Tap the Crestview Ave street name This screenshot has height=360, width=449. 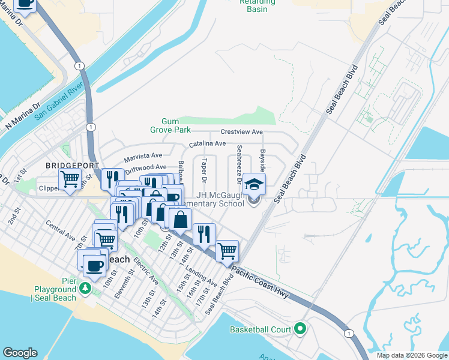[242, 132]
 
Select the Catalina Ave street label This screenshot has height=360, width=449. [207, 144]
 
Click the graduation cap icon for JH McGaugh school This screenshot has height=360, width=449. [254, 184]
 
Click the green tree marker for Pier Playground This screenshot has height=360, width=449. [85, 288]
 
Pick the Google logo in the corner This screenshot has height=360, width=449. [19, 353]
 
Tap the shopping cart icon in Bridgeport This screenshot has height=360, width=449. [70, 179]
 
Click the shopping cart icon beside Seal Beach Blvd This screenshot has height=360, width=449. [227, 250]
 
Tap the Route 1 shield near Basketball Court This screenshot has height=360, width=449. [348, 333]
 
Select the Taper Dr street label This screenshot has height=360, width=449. [205, 171]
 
